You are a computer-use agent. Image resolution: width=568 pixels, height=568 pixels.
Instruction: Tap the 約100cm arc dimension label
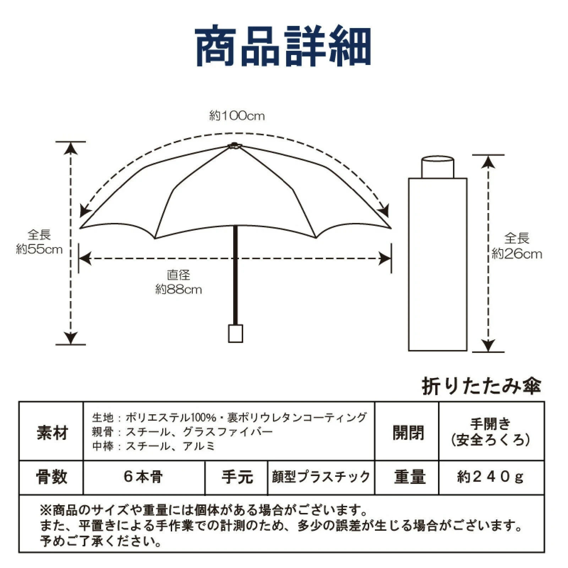point(237,116)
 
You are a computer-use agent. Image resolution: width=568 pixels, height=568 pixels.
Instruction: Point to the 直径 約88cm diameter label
point(179,282)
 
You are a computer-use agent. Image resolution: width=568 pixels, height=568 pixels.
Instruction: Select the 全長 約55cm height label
point(39,242)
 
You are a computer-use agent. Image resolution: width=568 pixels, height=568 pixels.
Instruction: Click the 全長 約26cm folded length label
point(517,246)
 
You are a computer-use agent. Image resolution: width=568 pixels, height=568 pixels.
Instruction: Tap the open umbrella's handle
point(235,333)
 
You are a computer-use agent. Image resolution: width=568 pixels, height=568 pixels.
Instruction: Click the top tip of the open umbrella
point(234,145)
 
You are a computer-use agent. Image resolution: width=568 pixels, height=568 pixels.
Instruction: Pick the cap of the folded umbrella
point(437,167)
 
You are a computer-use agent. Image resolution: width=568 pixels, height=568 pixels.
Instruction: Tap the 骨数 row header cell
point(51,477)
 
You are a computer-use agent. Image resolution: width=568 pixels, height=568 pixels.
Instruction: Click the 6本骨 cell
point(143,477)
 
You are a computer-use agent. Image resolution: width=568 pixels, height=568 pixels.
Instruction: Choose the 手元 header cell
point(237,477)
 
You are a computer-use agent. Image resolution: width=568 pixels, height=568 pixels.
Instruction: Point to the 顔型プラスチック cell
point(321,477)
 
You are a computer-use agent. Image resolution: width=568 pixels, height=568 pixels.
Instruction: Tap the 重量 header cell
point(409,477)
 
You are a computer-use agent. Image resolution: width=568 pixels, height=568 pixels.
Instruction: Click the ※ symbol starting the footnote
point(46,511)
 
